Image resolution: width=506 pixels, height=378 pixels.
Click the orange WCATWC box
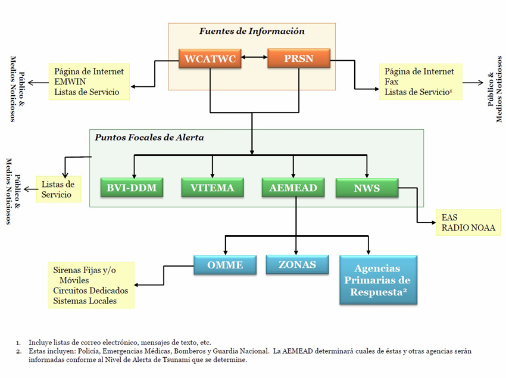[210, 58]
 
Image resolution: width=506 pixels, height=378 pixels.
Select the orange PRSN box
[299, 58]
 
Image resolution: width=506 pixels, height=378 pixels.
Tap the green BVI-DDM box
[132, 188]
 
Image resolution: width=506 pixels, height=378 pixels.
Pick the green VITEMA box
[213, 188]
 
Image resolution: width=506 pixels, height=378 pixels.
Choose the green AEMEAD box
[293, 188]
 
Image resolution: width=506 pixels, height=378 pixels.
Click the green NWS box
[367, 188]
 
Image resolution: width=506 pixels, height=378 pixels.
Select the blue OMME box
[225, 265]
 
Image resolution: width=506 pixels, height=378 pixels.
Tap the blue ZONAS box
[297, 264]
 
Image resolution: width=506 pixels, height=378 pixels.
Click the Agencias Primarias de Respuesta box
[378, 280]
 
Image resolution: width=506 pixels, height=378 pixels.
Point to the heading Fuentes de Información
[252, 32]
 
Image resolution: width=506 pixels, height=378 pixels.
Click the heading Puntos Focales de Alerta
[149, 138]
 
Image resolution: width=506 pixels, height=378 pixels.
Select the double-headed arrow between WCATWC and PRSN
[254, 57]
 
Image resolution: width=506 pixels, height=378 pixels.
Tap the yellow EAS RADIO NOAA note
[468, 223]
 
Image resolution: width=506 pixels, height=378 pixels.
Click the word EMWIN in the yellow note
[70, 82]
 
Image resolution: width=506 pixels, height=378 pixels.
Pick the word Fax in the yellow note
[392, 82]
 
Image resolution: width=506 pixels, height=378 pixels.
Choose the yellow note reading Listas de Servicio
[58, 189]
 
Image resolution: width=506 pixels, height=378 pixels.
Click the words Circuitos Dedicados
[90, 290]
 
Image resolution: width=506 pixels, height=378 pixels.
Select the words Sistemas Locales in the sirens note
[85, 301]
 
